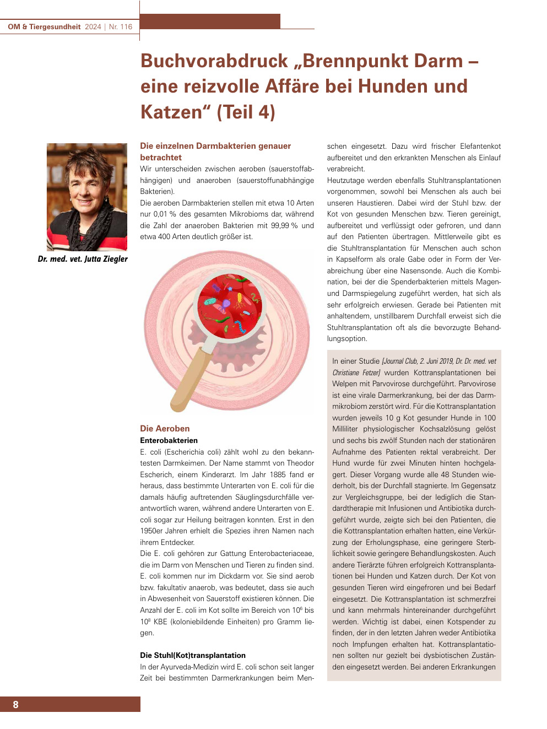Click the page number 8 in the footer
click(15, 704)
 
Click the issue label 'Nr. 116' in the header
click(121, 26)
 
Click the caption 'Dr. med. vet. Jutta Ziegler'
click(83, 259)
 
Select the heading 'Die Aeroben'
click(165, 428)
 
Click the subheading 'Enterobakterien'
click(169, 440)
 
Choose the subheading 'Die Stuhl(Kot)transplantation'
click(193, 655)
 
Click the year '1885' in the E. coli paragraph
click(278, 474)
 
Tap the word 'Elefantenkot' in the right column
click(478, 146)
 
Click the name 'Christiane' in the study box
click(345, 372)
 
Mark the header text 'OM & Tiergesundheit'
click(44, 26)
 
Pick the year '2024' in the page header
click(93, 26)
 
